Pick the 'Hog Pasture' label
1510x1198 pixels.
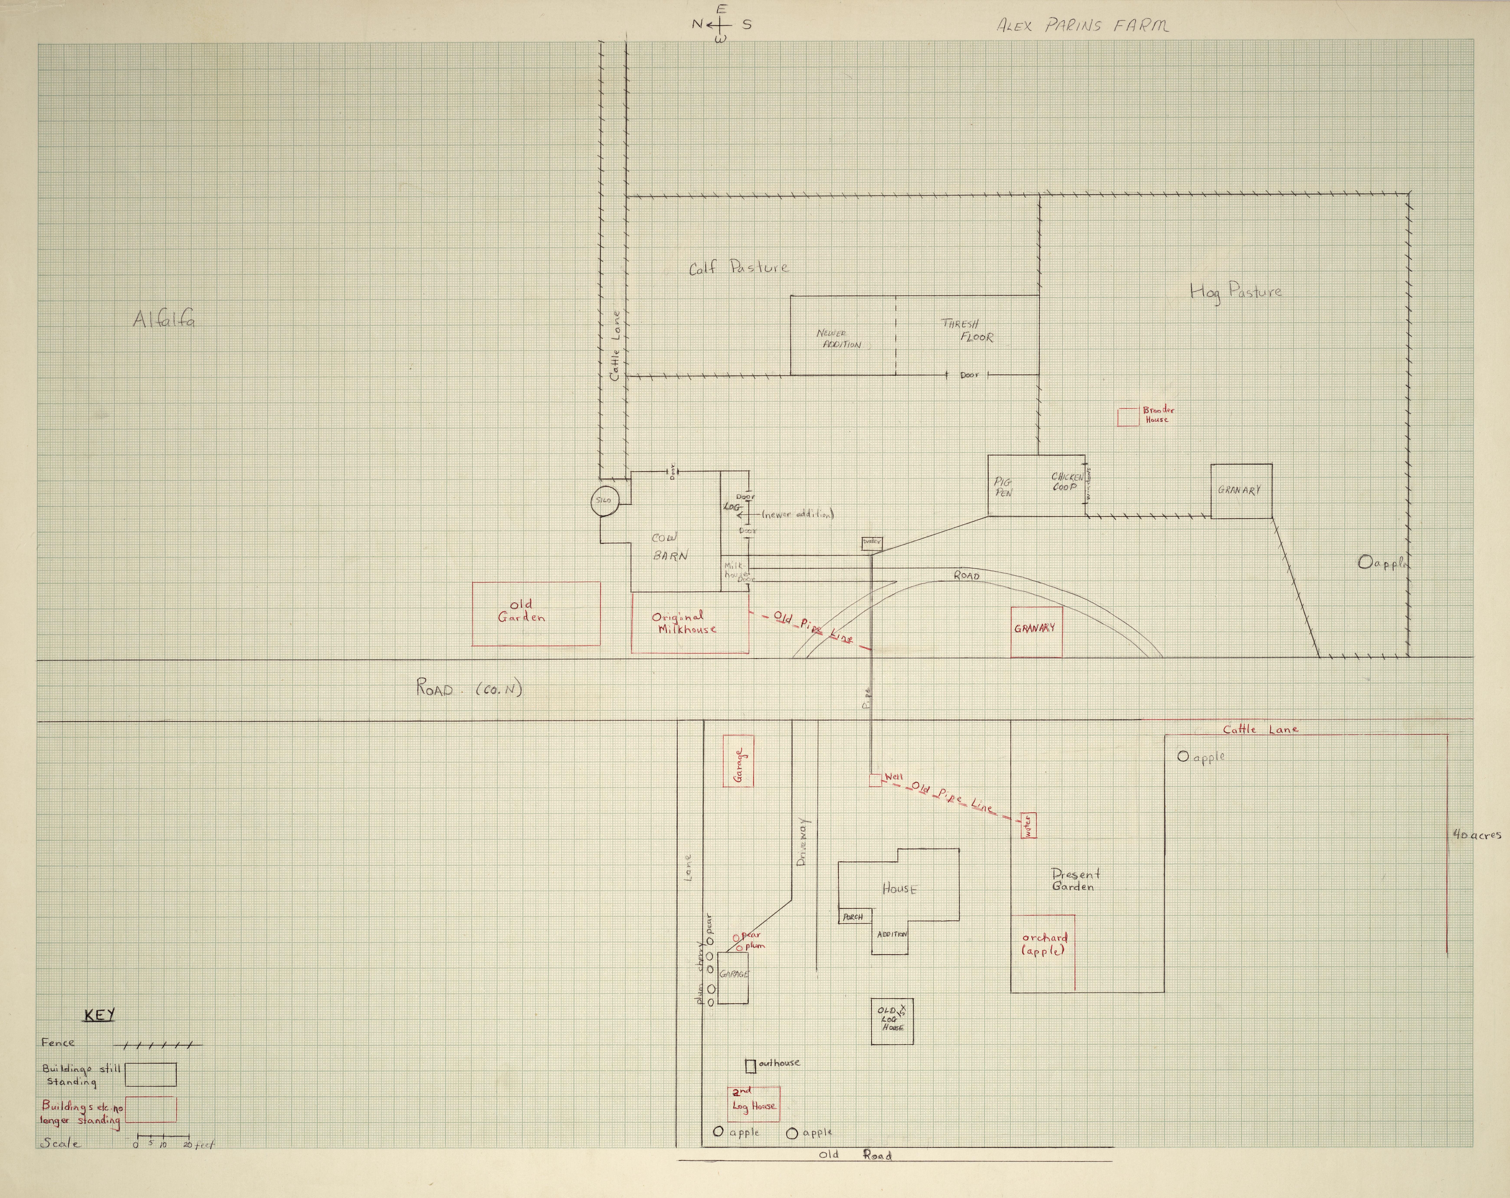(1236, 291)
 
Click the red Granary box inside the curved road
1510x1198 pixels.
(1036, 632)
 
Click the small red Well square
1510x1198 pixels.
(875, 780)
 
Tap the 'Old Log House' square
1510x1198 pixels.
(892, 1021)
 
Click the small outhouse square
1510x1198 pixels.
(750, 1066)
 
